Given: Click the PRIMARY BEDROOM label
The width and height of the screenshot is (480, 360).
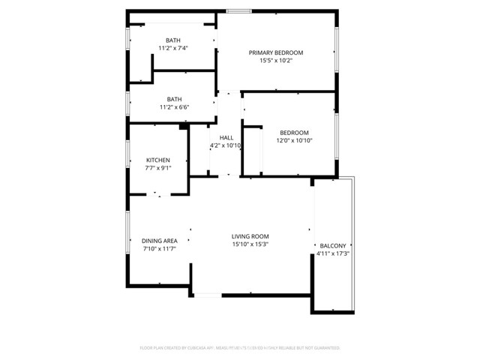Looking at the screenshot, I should (276, 52).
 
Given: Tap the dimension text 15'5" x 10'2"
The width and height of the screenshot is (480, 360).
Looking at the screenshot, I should (276, 61).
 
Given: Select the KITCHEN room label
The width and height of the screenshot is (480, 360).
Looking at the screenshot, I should (157, 160).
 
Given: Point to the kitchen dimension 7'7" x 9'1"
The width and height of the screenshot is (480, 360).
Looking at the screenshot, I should (157, 168).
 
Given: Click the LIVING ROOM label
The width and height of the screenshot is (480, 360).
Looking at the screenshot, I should (250, 235).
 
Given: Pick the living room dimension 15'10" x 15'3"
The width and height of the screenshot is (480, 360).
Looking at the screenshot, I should (250, 244).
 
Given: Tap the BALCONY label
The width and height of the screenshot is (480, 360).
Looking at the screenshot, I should (333, 246).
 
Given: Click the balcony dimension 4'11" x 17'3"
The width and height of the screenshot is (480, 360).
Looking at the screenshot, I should (333, 254).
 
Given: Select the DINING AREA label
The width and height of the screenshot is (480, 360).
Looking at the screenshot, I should (159, 241).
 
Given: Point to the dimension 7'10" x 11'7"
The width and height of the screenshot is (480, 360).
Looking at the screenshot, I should (159, 249).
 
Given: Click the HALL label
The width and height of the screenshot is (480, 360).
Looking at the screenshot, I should (226, 138).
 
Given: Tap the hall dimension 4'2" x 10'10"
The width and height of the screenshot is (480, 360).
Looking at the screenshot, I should (226, 145).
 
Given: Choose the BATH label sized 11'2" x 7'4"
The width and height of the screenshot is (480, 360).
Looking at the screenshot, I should (173, 40).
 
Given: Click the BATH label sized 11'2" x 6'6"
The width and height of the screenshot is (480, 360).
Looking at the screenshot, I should (174, 99).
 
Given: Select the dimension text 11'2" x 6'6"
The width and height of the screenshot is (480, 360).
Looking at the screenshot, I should (174, 107).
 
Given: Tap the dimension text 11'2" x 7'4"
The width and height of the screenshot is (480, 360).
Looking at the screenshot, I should (173, 48).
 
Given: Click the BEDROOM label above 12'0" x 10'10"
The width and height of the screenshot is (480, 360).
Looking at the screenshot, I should (294, 133).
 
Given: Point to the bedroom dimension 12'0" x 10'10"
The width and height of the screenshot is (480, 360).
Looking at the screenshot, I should (294, 141).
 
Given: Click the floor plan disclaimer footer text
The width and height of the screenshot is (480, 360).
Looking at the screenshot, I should (240, 348).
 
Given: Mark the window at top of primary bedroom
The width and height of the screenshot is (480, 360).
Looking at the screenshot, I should (238, 11).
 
